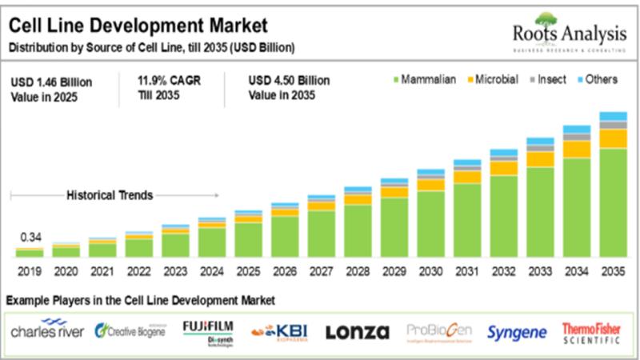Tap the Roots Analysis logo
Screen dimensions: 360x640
[567, 33]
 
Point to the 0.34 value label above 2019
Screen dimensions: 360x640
[29, 238]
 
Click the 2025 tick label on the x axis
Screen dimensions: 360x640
[248, 272]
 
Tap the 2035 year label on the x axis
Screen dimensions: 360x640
[613, 272]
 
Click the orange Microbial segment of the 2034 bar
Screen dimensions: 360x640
[577, 149]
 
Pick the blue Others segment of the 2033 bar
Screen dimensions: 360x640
[540, 142]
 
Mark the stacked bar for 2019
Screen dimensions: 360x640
[29, 253]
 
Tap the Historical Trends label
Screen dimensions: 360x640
[110, 194]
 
